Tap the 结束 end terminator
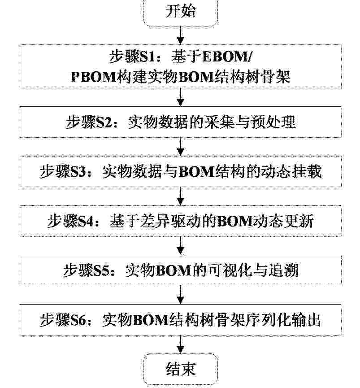pos(181,369)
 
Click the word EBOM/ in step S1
pos(227,57)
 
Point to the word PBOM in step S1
pos(94,76)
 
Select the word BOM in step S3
pos(196,171)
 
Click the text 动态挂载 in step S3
pos(291,171)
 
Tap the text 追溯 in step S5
pos(284,270)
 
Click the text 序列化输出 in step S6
pos(283,320)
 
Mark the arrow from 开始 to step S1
pos(181,35)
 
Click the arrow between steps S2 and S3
pos(181,147)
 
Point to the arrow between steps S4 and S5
pos(181,245)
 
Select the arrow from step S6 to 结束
pos(181,344)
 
